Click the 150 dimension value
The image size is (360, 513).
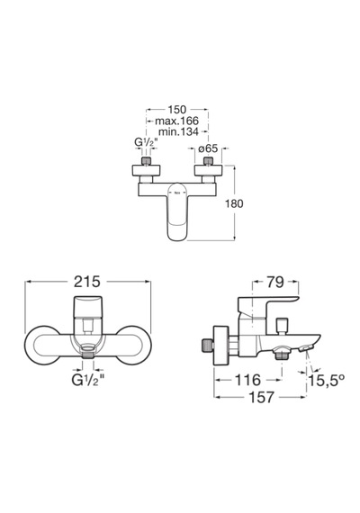point(177,109)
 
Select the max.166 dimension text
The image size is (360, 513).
point(176,121)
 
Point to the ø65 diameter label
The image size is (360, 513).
point(208,148)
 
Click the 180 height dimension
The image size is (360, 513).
point(234,203)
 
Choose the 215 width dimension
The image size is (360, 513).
point(87,282)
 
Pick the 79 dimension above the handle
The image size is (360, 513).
point(275,282)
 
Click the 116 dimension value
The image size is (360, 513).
point(247,380)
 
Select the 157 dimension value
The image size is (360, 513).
point(261,397)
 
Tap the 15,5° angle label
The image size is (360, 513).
point(327,380)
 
